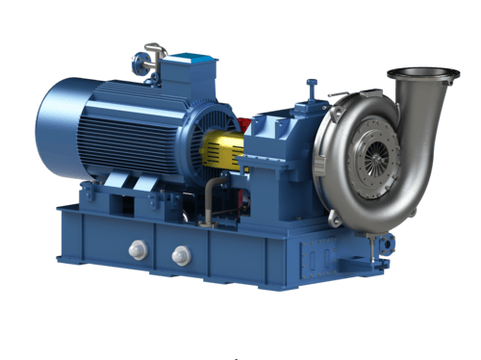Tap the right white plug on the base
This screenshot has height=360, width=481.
click(x=180, y=254)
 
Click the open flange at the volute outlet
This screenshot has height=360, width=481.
click(x=422, y=73)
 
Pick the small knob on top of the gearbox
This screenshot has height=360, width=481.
click(x=312, y=89)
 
